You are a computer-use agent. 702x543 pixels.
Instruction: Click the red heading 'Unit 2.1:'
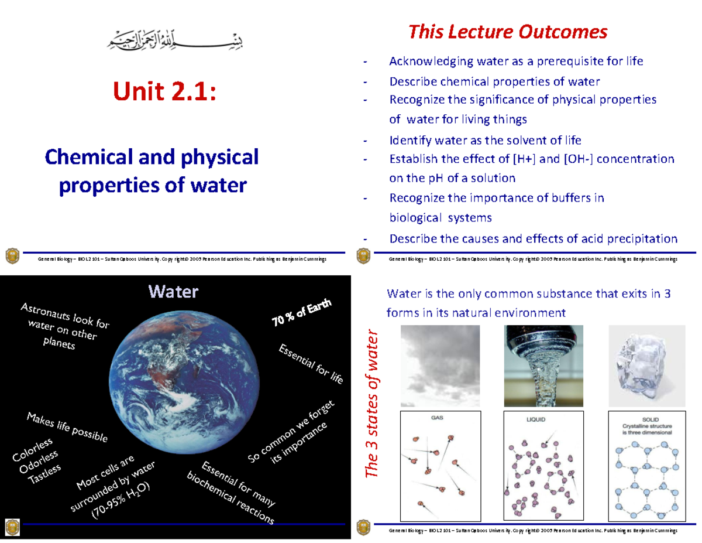click(164, 93)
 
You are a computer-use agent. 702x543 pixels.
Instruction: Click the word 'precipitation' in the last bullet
click(642, 238)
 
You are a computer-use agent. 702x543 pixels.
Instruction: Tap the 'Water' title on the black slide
click(173, 291)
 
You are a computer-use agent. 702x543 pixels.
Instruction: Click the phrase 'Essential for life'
click(311, 365)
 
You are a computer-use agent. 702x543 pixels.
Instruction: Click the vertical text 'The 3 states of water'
click(373, 404)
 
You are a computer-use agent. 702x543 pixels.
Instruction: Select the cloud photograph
click(439, 366)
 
